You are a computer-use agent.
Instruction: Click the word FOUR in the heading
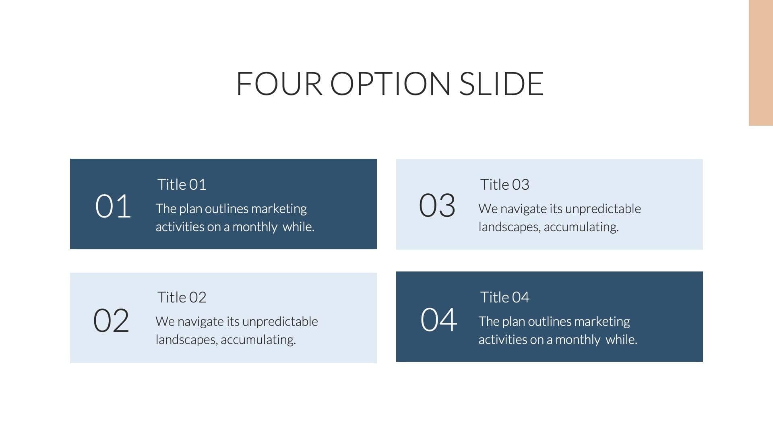[x=279, y=84]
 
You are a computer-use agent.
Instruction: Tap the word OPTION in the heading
[x=390, y=84]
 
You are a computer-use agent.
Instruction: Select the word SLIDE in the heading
[x=501, y=84]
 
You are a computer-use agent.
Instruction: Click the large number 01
[x=113, y=206]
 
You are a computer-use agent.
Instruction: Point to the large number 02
[x=111, y=321]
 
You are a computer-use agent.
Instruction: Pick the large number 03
[x=437, y=205]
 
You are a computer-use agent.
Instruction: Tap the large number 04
[x=439, y=320]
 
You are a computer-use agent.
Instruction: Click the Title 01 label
[x=182, y=184]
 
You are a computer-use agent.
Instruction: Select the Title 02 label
[x=182, y=297]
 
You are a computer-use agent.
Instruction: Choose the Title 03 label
[x=504, y=184]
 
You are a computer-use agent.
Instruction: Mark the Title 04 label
[x=504, y=297]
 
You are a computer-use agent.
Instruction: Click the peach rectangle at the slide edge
[x=761, y=63]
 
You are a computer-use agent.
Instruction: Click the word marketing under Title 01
[x=279, y=209]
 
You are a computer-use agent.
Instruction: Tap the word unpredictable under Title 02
[x=280, y=322]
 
